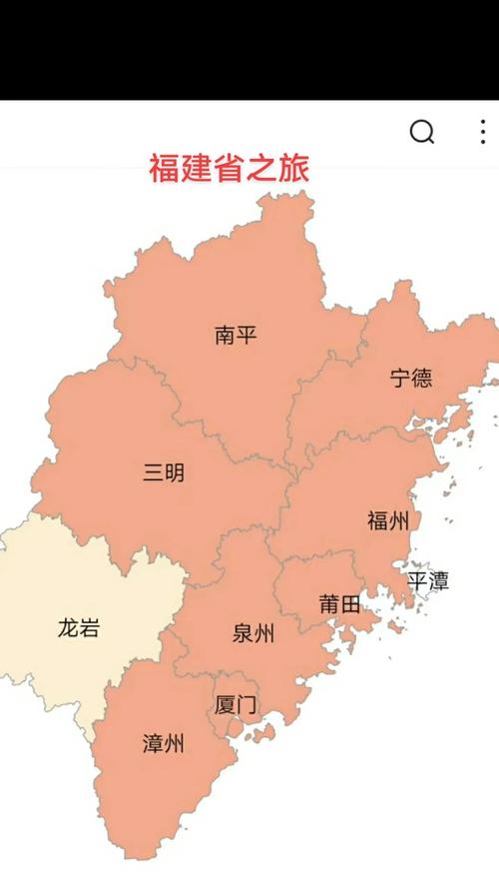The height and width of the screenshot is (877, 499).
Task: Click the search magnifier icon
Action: [422, 132]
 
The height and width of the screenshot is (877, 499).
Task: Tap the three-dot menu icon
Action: [483, 132]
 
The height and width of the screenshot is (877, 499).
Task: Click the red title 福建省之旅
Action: [230, 167]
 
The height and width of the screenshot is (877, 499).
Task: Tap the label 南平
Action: [236, 335]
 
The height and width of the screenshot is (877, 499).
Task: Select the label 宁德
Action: [411, 378]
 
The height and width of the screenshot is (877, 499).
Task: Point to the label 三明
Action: [164, 472]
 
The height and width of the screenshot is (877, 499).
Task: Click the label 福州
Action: [388, 520]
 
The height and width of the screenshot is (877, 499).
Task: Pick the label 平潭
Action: [428, 580]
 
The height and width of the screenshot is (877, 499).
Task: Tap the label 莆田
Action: [339, 604]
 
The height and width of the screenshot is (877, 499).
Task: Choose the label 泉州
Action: [253, 633]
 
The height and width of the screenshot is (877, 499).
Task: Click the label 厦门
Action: [236, 704]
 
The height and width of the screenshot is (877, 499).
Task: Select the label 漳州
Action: [164, 744]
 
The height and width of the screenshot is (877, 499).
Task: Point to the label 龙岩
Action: [78, 629]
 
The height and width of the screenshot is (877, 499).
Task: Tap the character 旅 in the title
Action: [294, 167]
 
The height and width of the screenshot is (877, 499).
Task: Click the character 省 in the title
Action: [230, 167]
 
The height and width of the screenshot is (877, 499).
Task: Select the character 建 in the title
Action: [197, 167]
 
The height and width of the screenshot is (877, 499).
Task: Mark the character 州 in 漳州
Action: [176, 744]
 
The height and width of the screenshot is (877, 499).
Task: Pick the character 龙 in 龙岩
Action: [67, 629]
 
